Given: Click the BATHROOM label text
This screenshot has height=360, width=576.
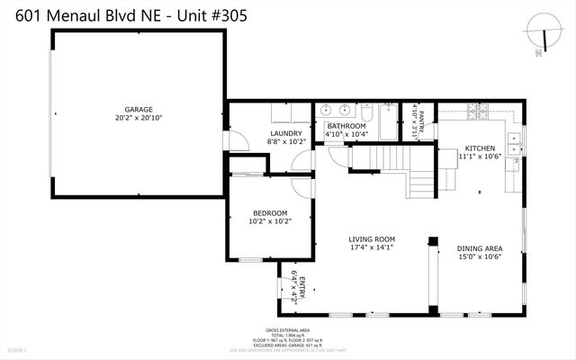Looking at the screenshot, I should coord(346,126).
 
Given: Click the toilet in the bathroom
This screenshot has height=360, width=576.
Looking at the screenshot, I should coord(367,115).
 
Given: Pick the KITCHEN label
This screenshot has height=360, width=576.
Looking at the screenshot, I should coord(480,148).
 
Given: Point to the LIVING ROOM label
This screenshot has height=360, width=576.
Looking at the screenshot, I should coord(372,239).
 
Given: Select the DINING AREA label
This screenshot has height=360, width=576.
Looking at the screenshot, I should coord(479,248).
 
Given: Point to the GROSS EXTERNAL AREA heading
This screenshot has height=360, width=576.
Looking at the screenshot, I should coord(287,330).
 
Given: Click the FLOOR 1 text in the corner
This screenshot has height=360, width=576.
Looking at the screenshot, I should coord(17,348).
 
